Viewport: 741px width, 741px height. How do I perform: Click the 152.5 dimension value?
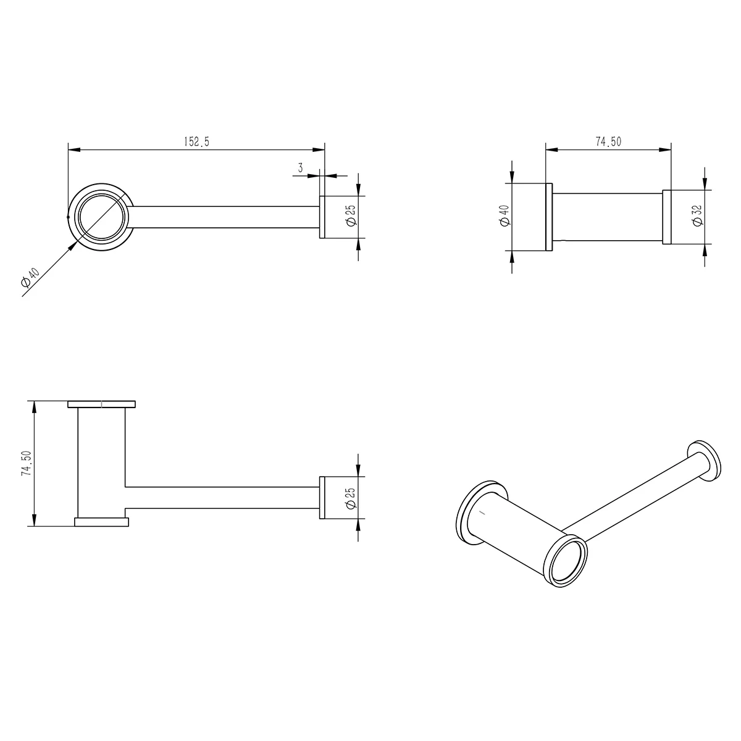point(196,142)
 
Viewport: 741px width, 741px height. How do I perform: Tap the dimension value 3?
point(300,168)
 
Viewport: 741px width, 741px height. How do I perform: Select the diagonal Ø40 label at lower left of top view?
point(30,278)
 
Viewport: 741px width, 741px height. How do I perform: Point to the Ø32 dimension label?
point(698,216)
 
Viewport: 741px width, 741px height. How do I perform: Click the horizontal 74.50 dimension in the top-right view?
point(608,142)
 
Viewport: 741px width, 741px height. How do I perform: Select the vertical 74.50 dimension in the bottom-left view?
point(27,463)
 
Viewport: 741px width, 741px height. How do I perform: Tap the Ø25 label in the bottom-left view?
point(351,498)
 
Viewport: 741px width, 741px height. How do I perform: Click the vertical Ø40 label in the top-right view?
point(505,216)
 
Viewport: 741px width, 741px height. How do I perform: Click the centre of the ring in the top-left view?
point(101,217)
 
